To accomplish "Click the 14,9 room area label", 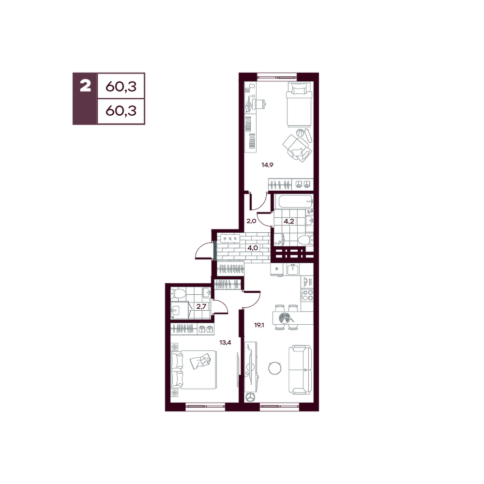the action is [x=267, y=165].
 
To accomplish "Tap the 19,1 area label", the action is [x=258, y=325].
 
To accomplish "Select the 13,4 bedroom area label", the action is [x=226, y=342].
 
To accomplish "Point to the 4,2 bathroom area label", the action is [x=288, y=221].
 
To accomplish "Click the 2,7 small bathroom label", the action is [x=201, y=306].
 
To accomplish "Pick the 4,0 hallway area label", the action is [x=253, y=247].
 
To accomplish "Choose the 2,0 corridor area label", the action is [x=251, y=221].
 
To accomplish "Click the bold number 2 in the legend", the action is [x=85, y=86].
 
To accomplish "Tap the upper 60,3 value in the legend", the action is [x=121, y=87].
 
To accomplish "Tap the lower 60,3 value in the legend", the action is [x=121, y=110].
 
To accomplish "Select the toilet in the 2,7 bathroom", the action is [x=179, y=294].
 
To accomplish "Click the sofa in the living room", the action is [x=301, y=370].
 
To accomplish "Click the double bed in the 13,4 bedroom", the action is [x=194, y=370].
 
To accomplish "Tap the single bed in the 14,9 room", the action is [x=298, y=105].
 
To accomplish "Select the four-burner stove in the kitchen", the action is [x=308, y=295].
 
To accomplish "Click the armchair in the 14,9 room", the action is [x=297, y=147].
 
